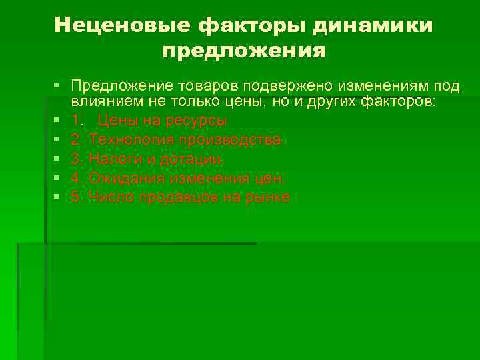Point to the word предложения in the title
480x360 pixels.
click(243, 51)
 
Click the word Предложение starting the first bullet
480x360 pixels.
click(125, 86)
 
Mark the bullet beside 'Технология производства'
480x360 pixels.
click(59, 140)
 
